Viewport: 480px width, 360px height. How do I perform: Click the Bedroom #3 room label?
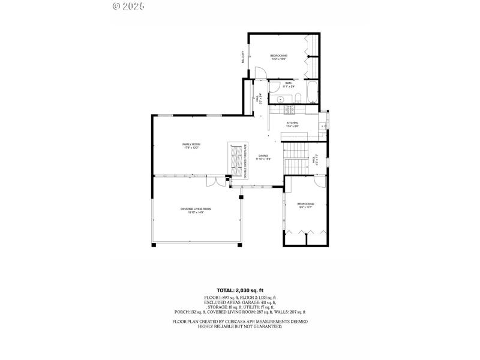pos(278,57)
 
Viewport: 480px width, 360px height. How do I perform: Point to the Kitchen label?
pos(292,124)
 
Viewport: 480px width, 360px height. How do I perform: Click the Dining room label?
pos(263,157)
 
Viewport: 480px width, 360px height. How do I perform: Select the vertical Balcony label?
pos(243,58)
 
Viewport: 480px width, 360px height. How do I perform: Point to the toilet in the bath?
pos(297,98)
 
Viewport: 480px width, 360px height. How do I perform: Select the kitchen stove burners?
pos(288,110)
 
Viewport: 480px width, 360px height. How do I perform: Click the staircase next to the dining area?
pos(295,159)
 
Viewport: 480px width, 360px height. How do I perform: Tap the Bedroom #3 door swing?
pos(259,73)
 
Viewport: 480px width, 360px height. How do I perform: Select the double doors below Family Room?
pos(215,182)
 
